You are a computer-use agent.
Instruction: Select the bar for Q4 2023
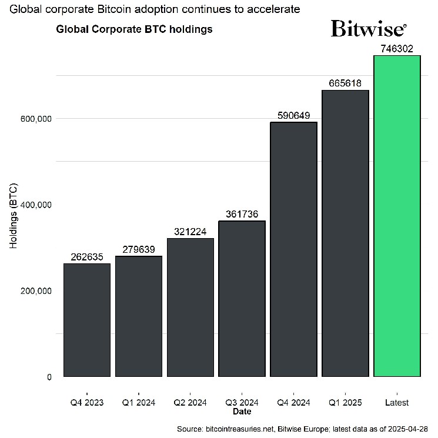(87, 320)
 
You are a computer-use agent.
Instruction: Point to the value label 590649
(293, 116)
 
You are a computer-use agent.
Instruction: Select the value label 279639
(139, 250)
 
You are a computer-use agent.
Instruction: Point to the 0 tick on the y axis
(49, 377)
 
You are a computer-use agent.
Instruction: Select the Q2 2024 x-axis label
(190, 403)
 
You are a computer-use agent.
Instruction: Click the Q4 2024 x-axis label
(293, 403)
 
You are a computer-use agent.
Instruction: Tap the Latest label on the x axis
(397, 403)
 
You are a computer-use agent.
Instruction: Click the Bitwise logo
(368, 28)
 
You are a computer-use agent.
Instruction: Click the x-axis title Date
(242, 412)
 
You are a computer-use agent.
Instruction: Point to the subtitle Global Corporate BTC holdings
(134, 29)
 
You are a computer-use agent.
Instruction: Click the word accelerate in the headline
(273, 9)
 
